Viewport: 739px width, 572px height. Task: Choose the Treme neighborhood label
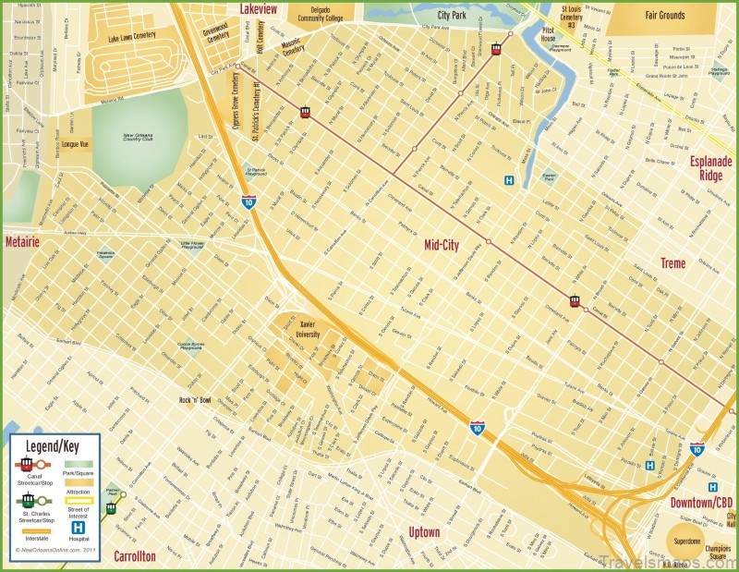[x=672, y=263]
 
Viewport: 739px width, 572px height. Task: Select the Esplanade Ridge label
[x=711, y=167]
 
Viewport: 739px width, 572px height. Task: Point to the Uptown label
[x=424, y=532]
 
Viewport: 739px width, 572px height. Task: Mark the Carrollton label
[x=135, y=556]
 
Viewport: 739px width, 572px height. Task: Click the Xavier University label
[x=309, y=330]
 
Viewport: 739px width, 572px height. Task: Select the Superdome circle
[x=685, y=542]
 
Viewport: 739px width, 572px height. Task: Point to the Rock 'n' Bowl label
[x=195, y=400]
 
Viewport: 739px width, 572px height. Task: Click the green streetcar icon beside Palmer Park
[x=111, y=506]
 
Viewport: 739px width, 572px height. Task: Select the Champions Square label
[x=718, y=553]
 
